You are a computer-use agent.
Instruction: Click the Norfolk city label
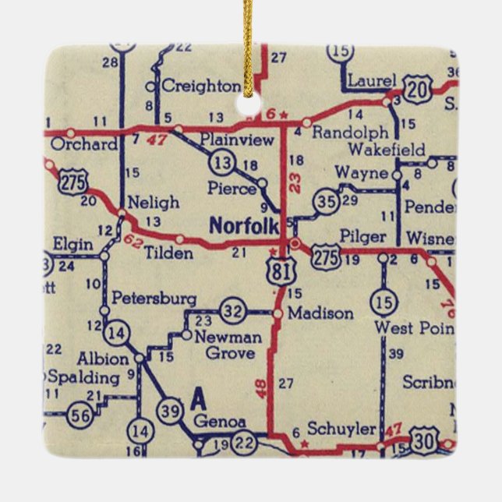point(244,226)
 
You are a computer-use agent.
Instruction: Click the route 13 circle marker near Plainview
point(221,162)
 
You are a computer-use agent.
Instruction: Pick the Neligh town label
point(153,202)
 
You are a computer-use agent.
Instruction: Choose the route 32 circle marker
point(232,310)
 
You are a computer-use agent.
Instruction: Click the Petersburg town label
point(154,298)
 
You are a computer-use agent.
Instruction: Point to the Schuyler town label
point(341,429)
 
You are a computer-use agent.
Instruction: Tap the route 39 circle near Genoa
point(169,412)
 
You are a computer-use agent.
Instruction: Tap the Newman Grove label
point(228,345)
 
